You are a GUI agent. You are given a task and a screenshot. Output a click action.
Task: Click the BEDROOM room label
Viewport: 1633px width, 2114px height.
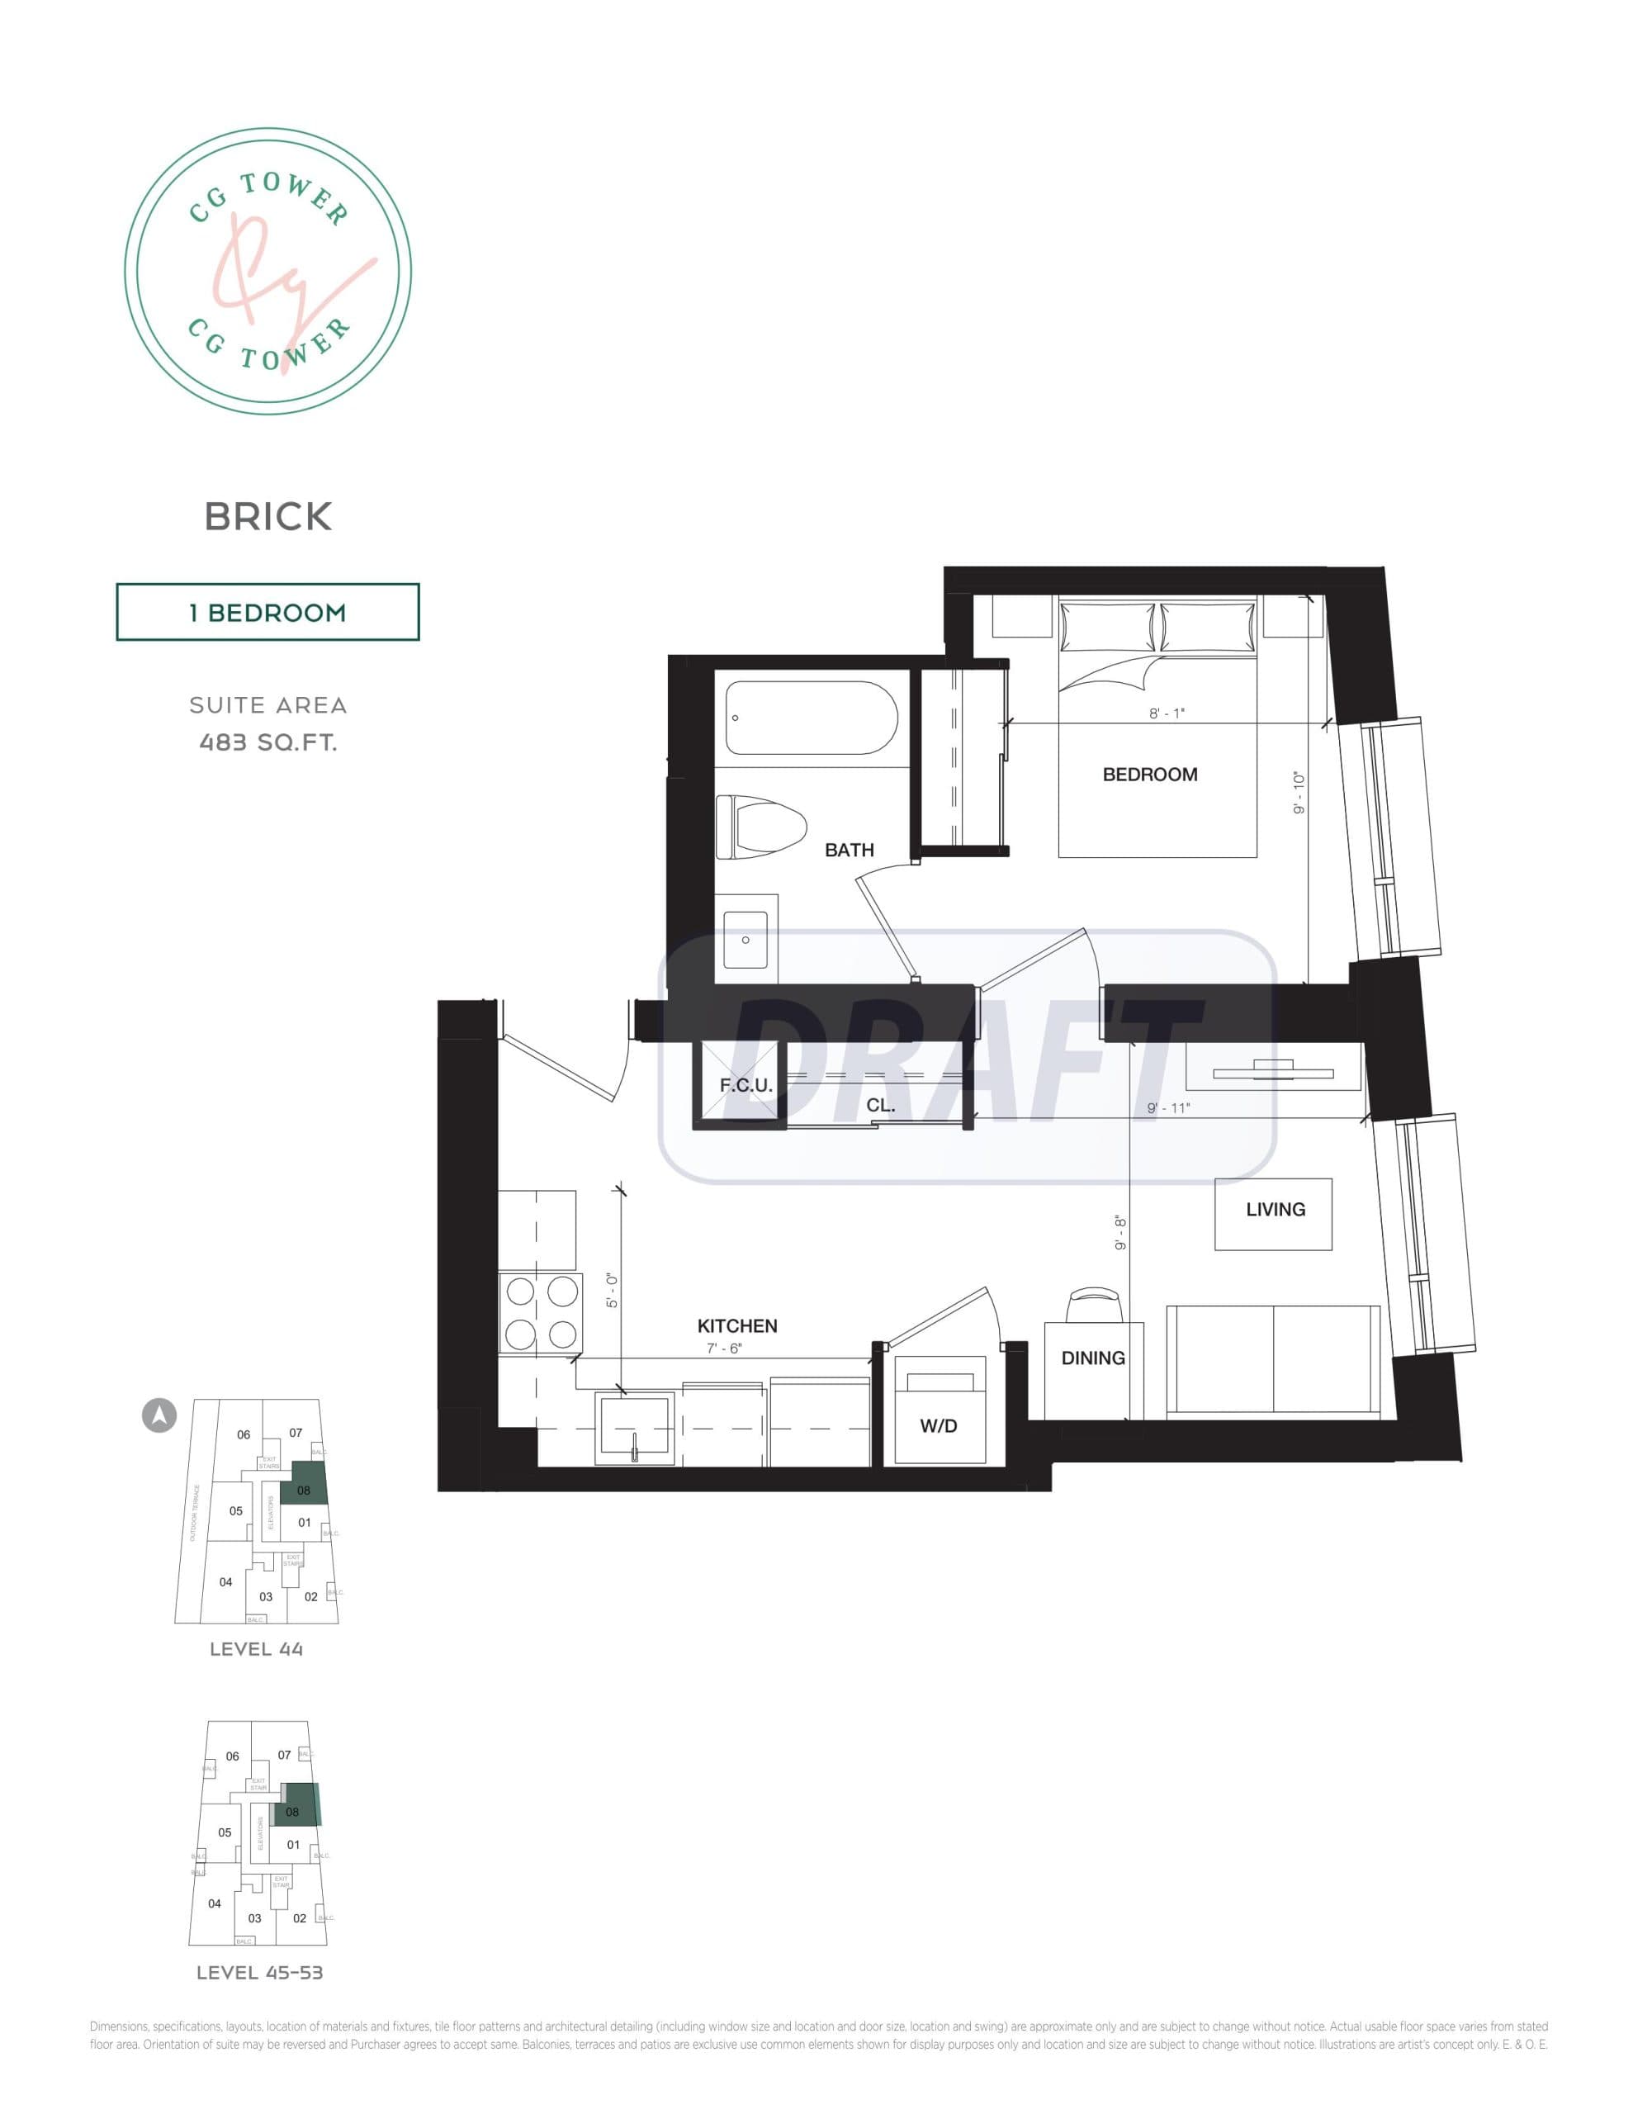(1150, 775)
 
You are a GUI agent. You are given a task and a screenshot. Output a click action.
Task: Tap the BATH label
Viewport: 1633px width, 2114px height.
(849, 850)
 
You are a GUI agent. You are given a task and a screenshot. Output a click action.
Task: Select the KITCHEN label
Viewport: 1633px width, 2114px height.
(736, 1325)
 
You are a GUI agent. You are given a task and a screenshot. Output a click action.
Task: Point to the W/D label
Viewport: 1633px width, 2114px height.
(938, 1426)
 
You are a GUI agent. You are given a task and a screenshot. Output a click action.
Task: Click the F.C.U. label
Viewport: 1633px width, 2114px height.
(745, 1085)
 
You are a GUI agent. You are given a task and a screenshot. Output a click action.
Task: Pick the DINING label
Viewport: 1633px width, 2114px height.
(1093, 1358)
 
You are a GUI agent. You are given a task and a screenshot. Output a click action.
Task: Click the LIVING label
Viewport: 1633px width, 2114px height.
(1275, 1209)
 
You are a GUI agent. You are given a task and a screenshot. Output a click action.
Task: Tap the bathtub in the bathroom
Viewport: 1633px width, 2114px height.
(812, 718)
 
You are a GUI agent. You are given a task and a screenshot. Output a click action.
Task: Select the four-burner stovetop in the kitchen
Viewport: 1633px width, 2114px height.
(541, 1312)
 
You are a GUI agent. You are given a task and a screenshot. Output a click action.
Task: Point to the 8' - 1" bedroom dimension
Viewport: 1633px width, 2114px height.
(1167, 713)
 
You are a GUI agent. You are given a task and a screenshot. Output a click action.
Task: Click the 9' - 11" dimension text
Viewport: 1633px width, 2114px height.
(1167, 1107)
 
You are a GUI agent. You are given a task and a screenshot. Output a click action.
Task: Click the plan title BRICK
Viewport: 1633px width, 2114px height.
(268, 517)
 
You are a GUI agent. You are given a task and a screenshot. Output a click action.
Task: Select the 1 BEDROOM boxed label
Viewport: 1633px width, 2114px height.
(268, 612)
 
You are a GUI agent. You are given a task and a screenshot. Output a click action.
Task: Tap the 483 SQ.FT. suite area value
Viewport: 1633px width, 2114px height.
(268, 742)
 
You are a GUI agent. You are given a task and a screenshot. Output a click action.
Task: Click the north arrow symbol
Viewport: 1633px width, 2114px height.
(159, 1415)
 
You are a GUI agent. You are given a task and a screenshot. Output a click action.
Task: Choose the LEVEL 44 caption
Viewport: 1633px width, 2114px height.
(257, 1649)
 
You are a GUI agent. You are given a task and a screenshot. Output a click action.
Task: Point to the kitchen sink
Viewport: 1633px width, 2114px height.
(633, 1429)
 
